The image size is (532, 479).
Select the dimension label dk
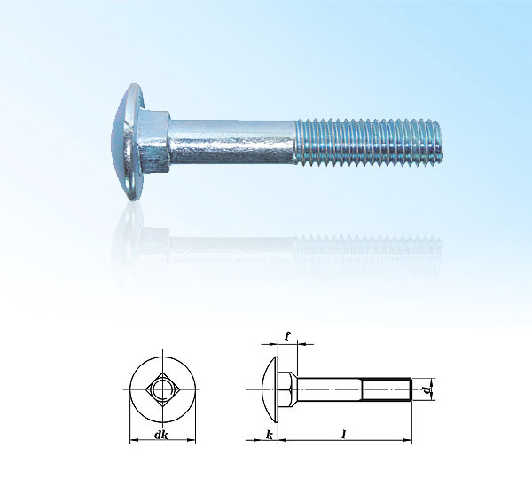coord(160,434)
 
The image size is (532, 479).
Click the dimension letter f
coord(287,336)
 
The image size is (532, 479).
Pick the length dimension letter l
coord(343,433)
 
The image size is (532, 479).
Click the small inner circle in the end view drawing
coord(160,389)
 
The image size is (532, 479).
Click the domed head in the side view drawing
coord(270,388)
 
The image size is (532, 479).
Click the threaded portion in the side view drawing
coord(385,388)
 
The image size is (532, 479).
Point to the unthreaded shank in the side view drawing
coord(328,388)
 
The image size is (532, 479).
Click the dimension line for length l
coord(372,440)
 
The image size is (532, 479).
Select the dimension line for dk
coord(142,440)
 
